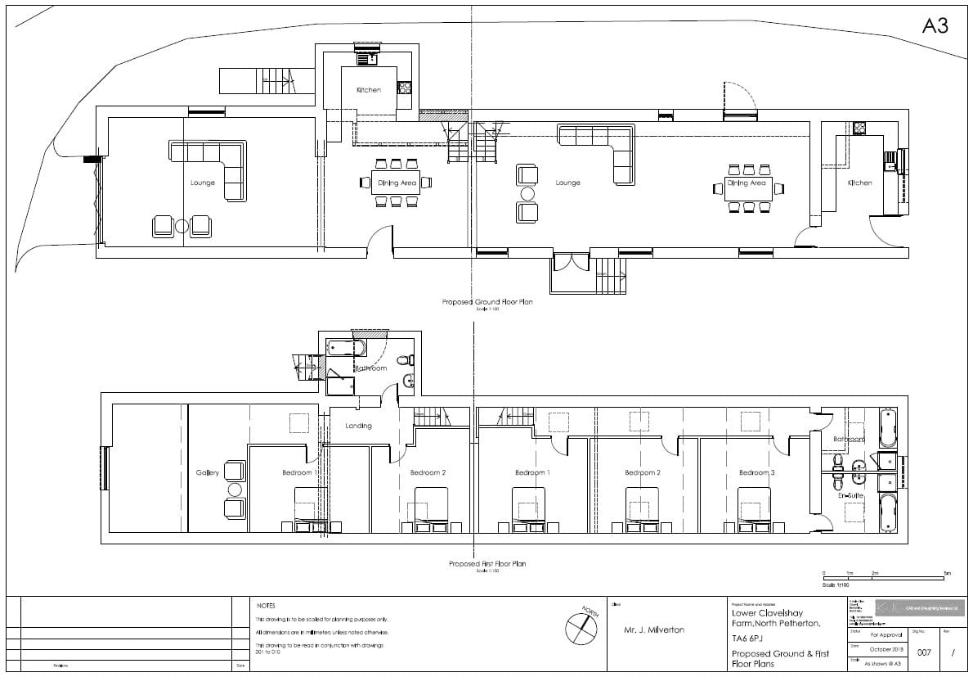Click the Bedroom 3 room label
(755, 473)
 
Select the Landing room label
(358, 426)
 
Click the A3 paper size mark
(935, 26)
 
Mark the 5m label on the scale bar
(948, 574)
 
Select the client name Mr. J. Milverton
(654, 630)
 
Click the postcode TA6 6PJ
(750, 639)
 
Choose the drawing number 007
(924, 652)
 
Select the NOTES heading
(266, 606)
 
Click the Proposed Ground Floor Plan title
(487, 302)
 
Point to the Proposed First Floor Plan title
(487, 564)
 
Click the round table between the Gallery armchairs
(235, 490)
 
